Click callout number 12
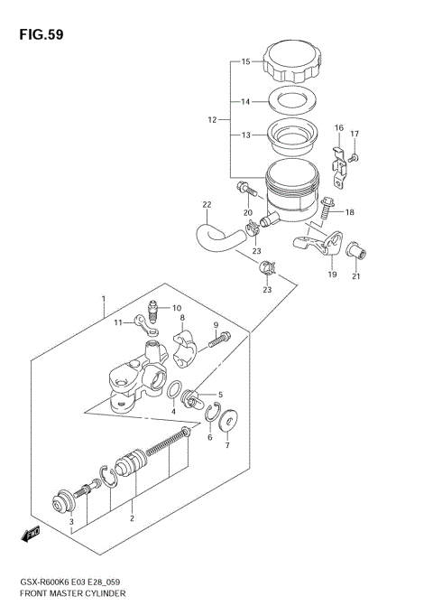(x=212, y=119)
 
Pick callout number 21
(x=355, y=276)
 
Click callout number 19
(x=332, y=274)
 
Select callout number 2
(x=132, y=518)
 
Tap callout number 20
(x=246, y=212)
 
